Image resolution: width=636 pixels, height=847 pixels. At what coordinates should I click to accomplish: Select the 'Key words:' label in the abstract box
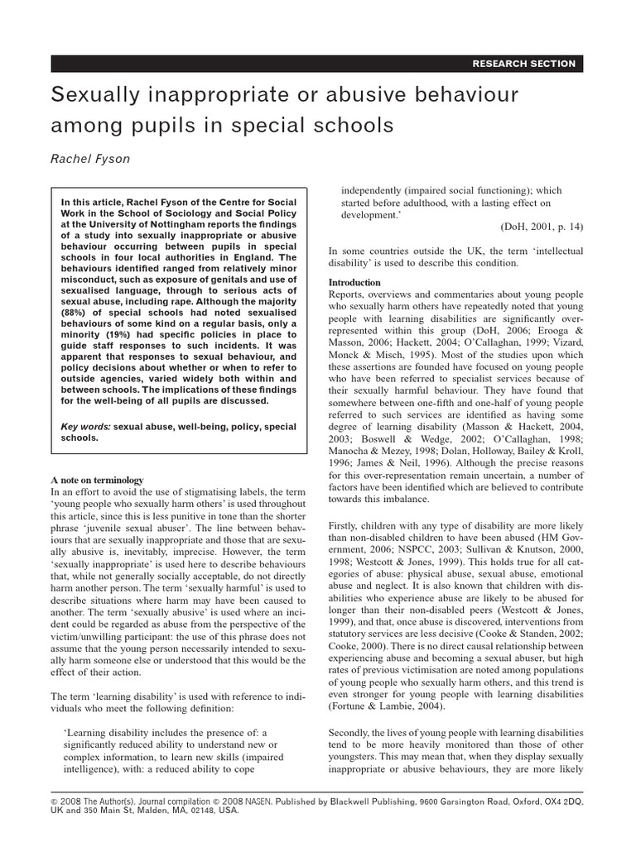click(85, 426)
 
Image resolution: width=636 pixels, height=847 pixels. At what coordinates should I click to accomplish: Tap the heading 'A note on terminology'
click(97, 480)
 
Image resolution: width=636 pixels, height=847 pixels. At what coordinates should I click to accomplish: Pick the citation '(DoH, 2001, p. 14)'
click(542, 227)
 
